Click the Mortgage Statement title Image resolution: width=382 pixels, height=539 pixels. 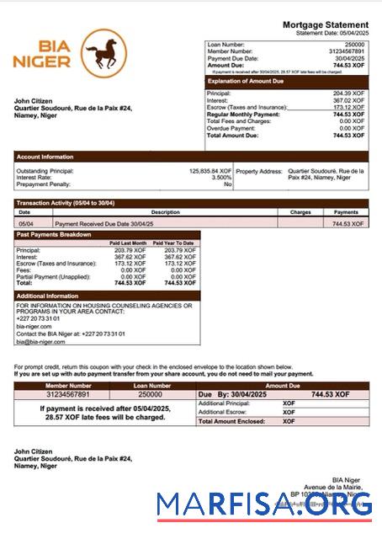[324, 25]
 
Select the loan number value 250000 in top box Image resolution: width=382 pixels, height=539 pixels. [354, 44]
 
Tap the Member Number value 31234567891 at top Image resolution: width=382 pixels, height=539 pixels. [346, 51]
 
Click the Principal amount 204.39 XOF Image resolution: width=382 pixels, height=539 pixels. [348, 93]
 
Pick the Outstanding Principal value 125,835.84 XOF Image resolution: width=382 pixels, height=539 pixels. [210, 171]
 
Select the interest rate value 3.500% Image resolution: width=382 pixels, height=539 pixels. [220, 178]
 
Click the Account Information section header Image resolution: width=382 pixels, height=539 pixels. [45, 157]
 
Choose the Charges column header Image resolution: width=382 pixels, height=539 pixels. [300, 213]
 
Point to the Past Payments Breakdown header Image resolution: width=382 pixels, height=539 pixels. [54, 234]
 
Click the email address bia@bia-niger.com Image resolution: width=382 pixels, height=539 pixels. [40, 342]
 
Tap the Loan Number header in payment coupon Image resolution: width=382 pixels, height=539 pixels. [150, 385]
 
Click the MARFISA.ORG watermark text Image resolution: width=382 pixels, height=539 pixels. [264, 504]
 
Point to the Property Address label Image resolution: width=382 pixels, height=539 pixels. [258, 171]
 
